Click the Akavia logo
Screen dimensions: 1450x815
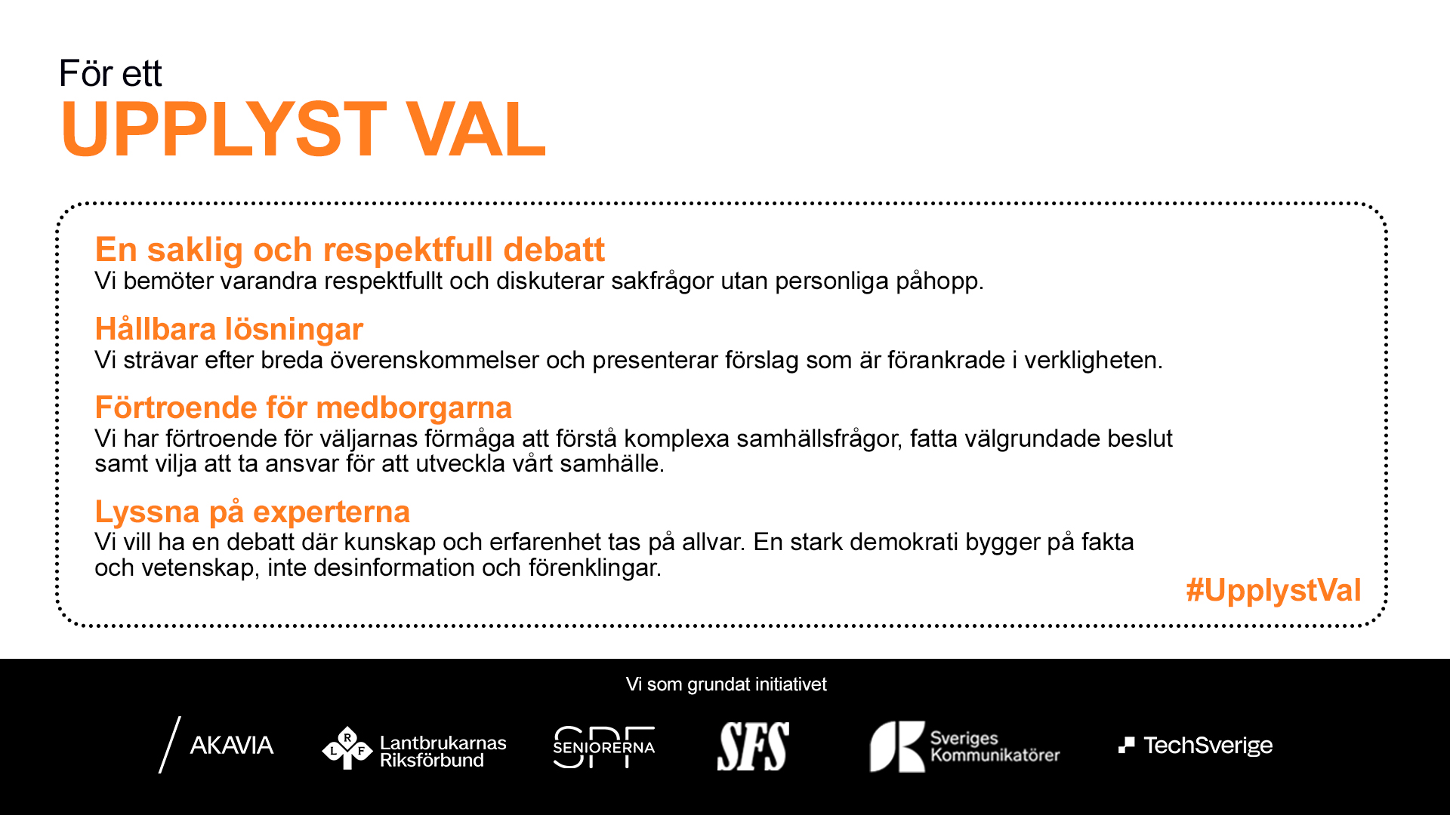(216, 745)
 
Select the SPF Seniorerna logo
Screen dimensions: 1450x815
(604, 747)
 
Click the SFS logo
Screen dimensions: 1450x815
(753, 746)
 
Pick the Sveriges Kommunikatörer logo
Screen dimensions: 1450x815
(964, 746)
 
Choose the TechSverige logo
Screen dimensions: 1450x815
(1195, 746)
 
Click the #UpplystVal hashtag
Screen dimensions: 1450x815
(1273, 590)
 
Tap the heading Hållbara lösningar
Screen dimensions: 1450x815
(229, 330)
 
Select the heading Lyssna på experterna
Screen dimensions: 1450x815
(252, 512)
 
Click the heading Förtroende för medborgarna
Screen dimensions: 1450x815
(304, 407)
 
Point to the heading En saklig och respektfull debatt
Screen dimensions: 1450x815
(350, 250)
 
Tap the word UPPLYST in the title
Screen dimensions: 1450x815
(224, 129)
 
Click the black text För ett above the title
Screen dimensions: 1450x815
(110, 73)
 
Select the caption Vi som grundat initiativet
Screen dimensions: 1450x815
(727, 684)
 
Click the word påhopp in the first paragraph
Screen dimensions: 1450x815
(939, 281)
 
